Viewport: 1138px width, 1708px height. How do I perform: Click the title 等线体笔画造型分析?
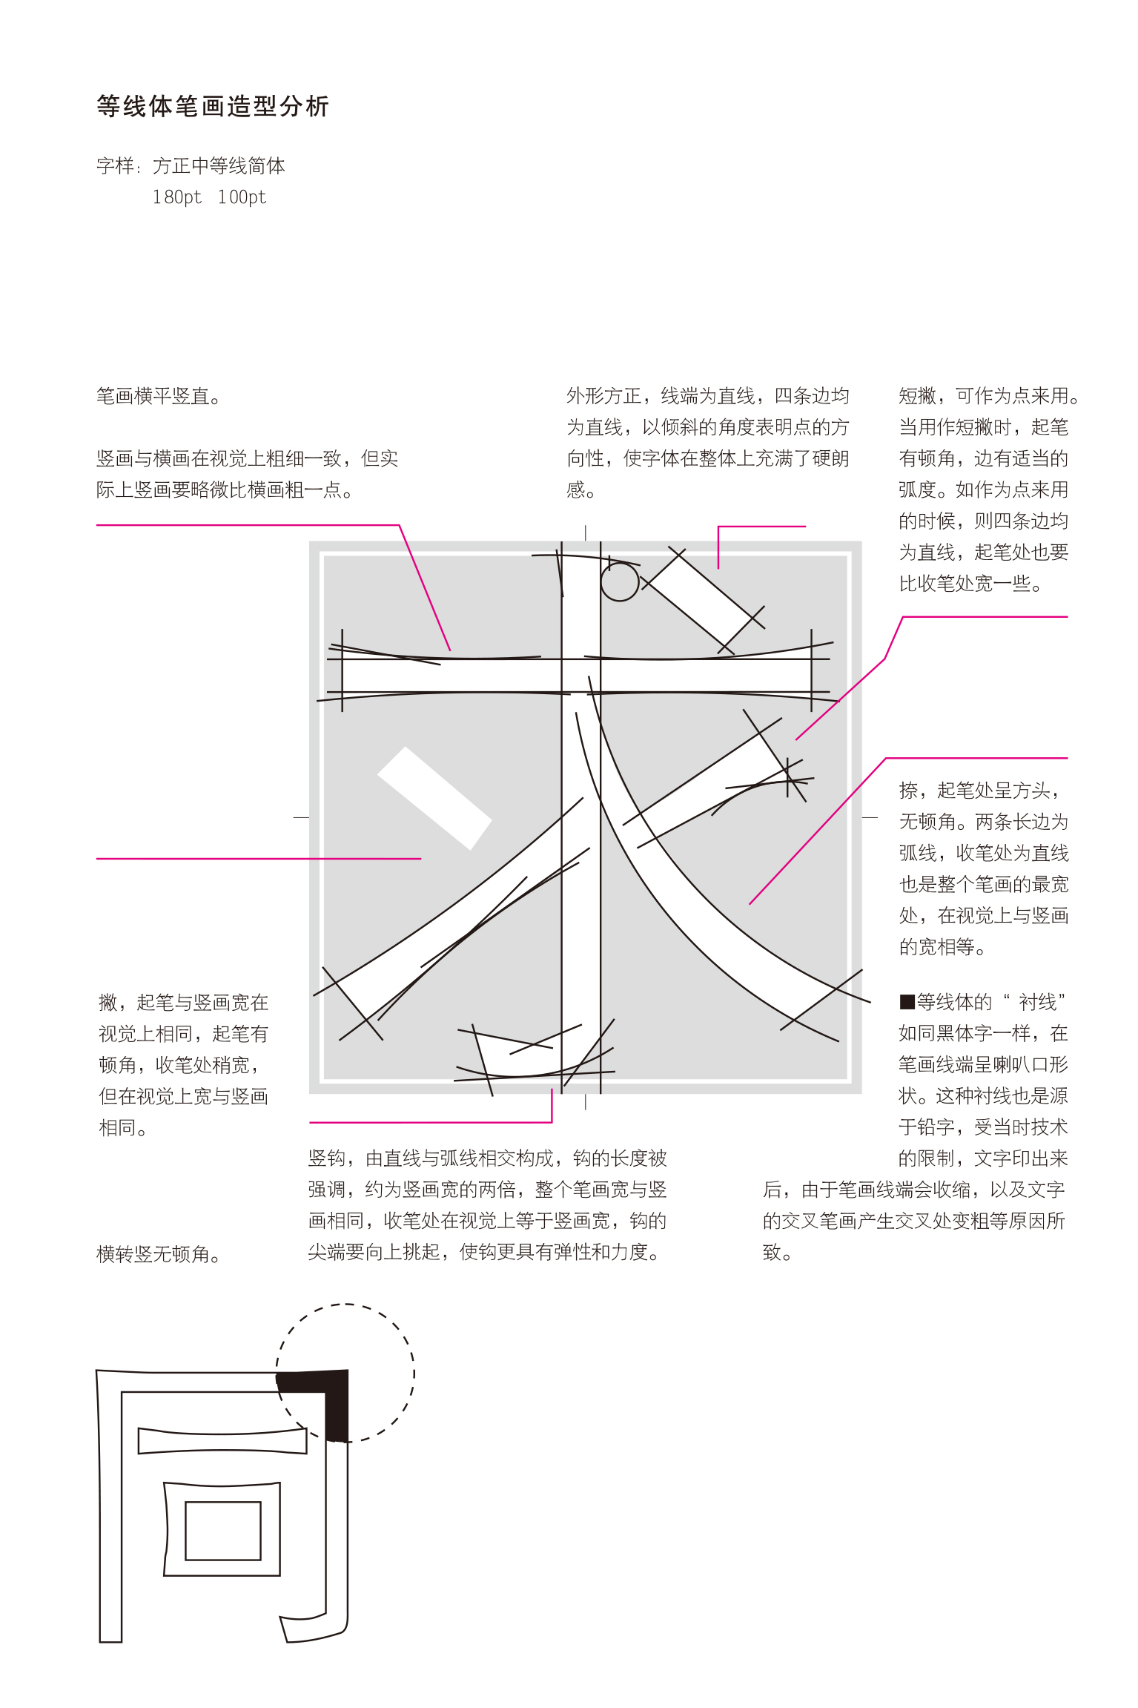[213, 107]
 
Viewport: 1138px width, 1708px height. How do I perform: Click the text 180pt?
[176, 197]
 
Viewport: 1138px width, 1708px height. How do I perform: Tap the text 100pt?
[242, 197]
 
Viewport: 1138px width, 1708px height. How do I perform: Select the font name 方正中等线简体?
[219, 166]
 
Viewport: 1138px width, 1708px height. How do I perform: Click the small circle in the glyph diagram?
[620, 581]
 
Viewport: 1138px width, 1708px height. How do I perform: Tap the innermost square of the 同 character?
[223, 1531]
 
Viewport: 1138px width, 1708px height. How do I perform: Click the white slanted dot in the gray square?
[434, 797]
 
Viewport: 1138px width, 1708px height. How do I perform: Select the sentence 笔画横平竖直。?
[159, 397]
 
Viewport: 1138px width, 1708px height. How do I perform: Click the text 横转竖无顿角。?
[159, 1254]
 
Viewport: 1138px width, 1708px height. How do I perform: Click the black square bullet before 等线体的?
[907, 1003]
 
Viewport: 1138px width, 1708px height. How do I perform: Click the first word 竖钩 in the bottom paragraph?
[327, 1158]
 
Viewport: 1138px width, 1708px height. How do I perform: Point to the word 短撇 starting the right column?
[918, 396]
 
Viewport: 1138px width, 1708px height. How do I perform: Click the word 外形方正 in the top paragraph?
[604, 396]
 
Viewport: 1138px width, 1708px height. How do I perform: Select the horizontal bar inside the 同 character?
[222, 1440]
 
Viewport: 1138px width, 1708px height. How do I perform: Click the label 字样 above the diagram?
[115, 166]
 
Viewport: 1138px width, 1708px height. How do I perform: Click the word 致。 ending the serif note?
[778, 1253]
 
